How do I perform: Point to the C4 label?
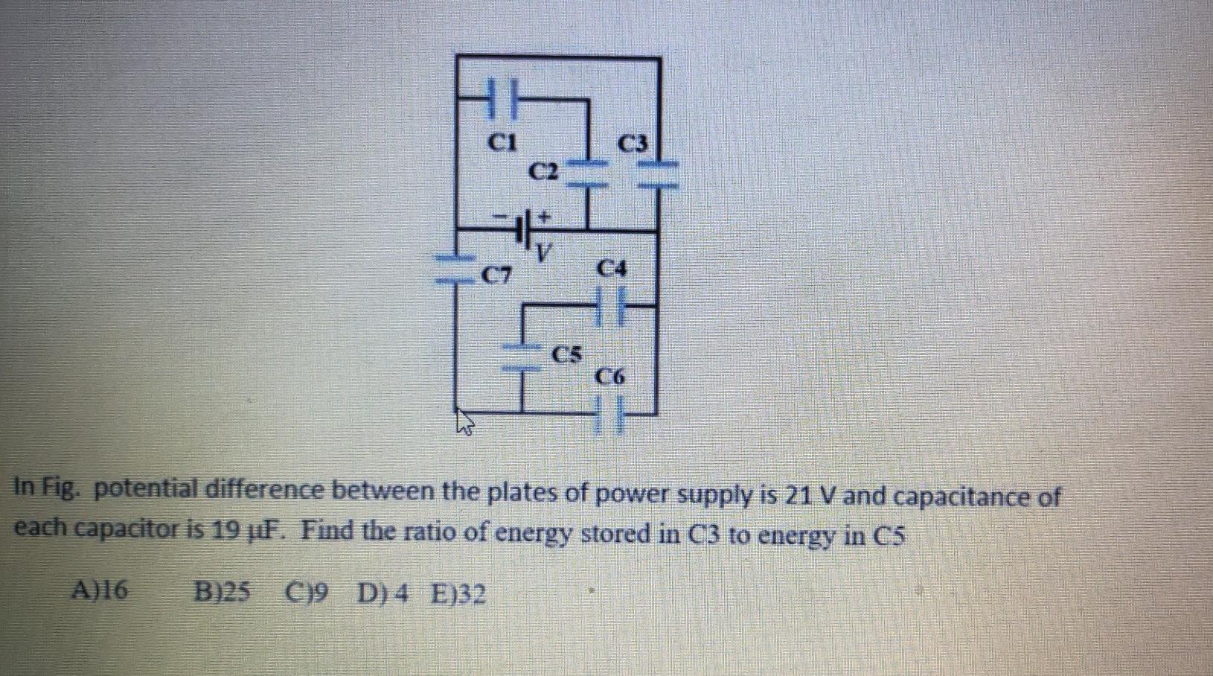pyautogui.click(x=612, y=268)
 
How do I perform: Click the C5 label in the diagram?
pyautogui.click(x=567, y=354)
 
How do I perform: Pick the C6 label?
pyautogui.click(x=610, y=378)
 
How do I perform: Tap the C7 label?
pyautogui.click(x=496, y=277)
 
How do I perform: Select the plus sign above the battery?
pyautogui.click(x=545, y=216)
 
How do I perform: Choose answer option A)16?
pyautogui.click(x=99, y=591)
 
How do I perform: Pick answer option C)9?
pyautogui.click(x=307, y=593)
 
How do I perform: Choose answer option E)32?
pyautogui.click(x=458, y=595)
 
